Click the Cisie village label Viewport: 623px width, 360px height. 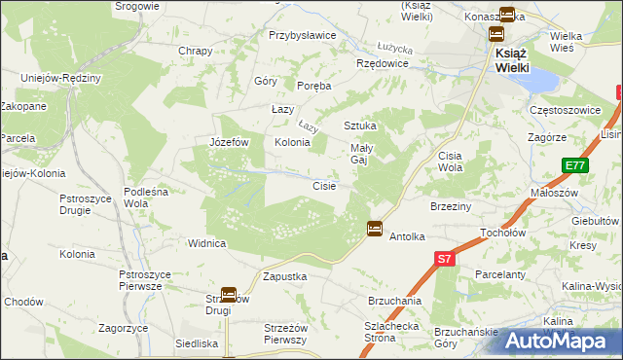tap(324, 186)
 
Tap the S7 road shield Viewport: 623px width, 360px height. tap(444, 259)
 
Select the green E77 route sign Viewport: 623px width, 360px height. tap(573, 166)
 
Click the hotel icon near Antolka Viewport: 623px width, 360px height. tap(375, 229)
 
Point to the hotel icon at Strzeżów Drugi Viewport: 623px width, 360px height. tap(229, 293)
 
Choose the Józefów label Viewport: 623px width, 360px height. tap(231, 142)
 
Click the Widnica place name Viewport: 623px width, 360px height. tap(207, 243)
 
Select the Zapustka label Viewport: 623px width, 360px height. tap(285, 276)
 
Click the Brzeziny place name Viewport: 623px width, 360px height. tap(451, 206)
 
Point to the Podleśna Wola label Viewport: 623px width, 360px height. tap(149, 198)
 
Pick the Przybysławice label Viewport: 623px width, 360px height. tap(303, 34)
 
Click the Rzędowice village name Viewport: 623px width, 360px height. tap(383, 63)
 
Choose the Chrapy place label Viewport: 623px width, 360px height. tap(195, 51)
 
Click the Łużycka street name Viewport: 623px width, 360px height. tap(395, 47)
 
